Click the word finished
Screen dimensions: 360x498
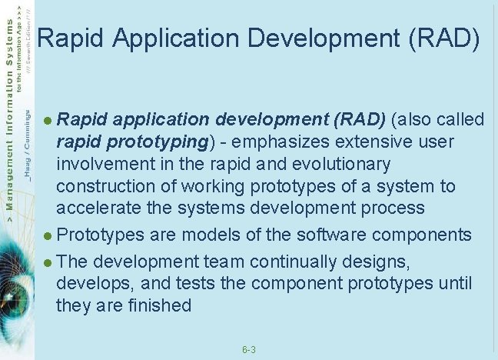[155, 305]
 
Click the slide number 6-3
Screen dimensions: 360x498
[248, 350]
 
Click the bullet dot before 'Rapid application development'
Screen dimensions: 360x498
[48, 121]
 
